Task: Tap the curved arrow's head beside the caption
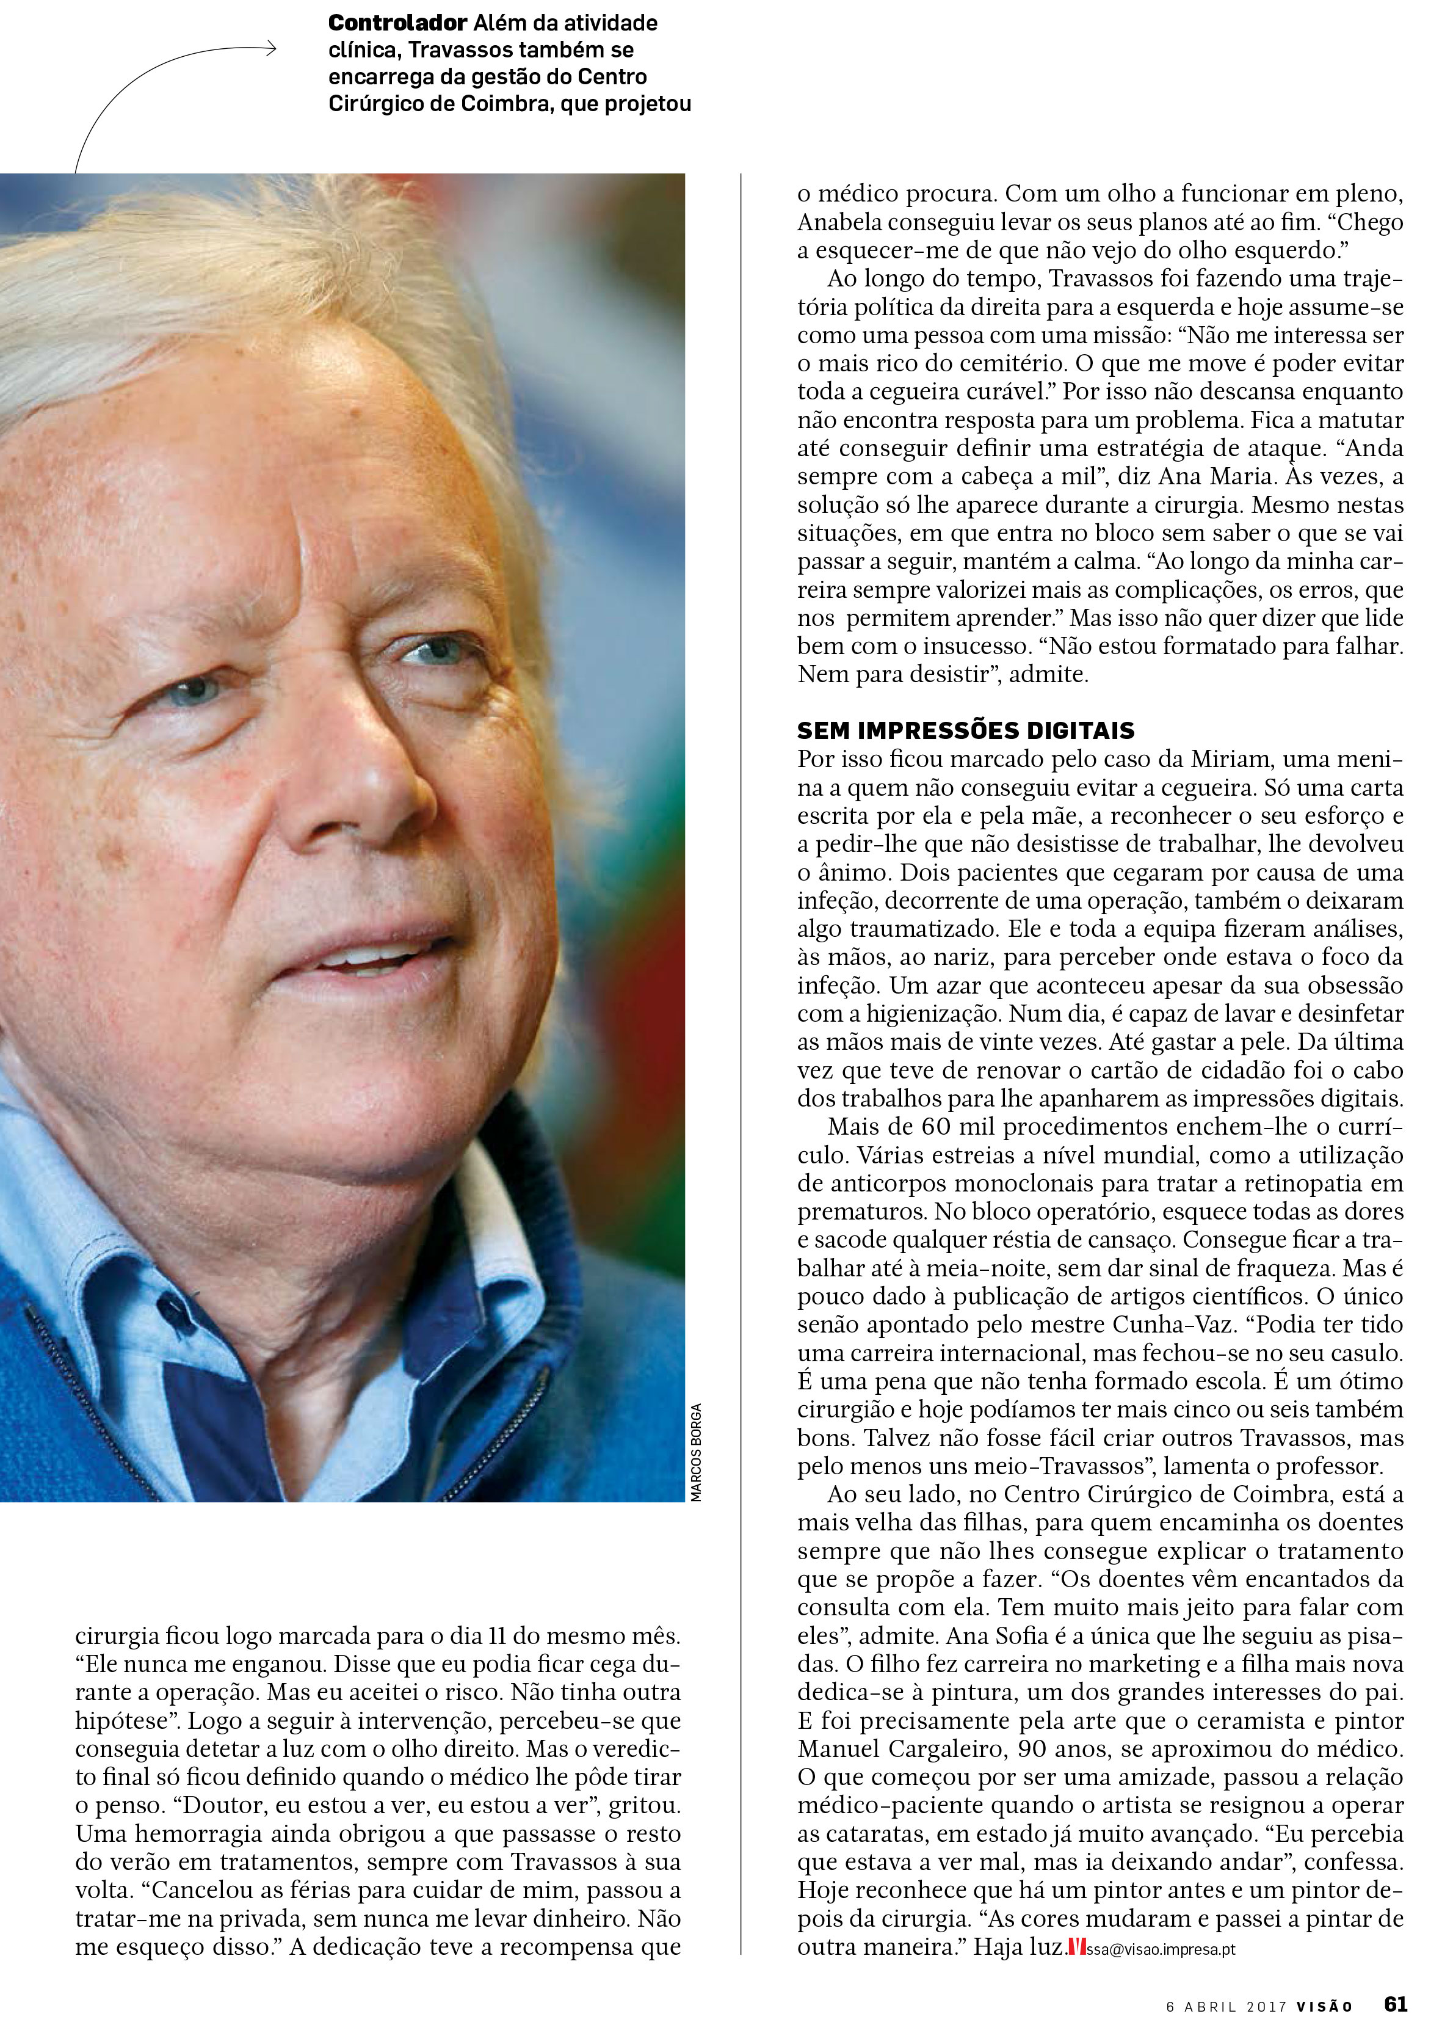point(271,49)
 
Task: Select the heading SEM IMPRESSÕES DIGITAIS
point(965,731)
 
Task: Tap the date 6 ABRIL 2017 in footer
point(1223,2005)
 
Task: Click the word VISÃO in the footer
point(1323,2005)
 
